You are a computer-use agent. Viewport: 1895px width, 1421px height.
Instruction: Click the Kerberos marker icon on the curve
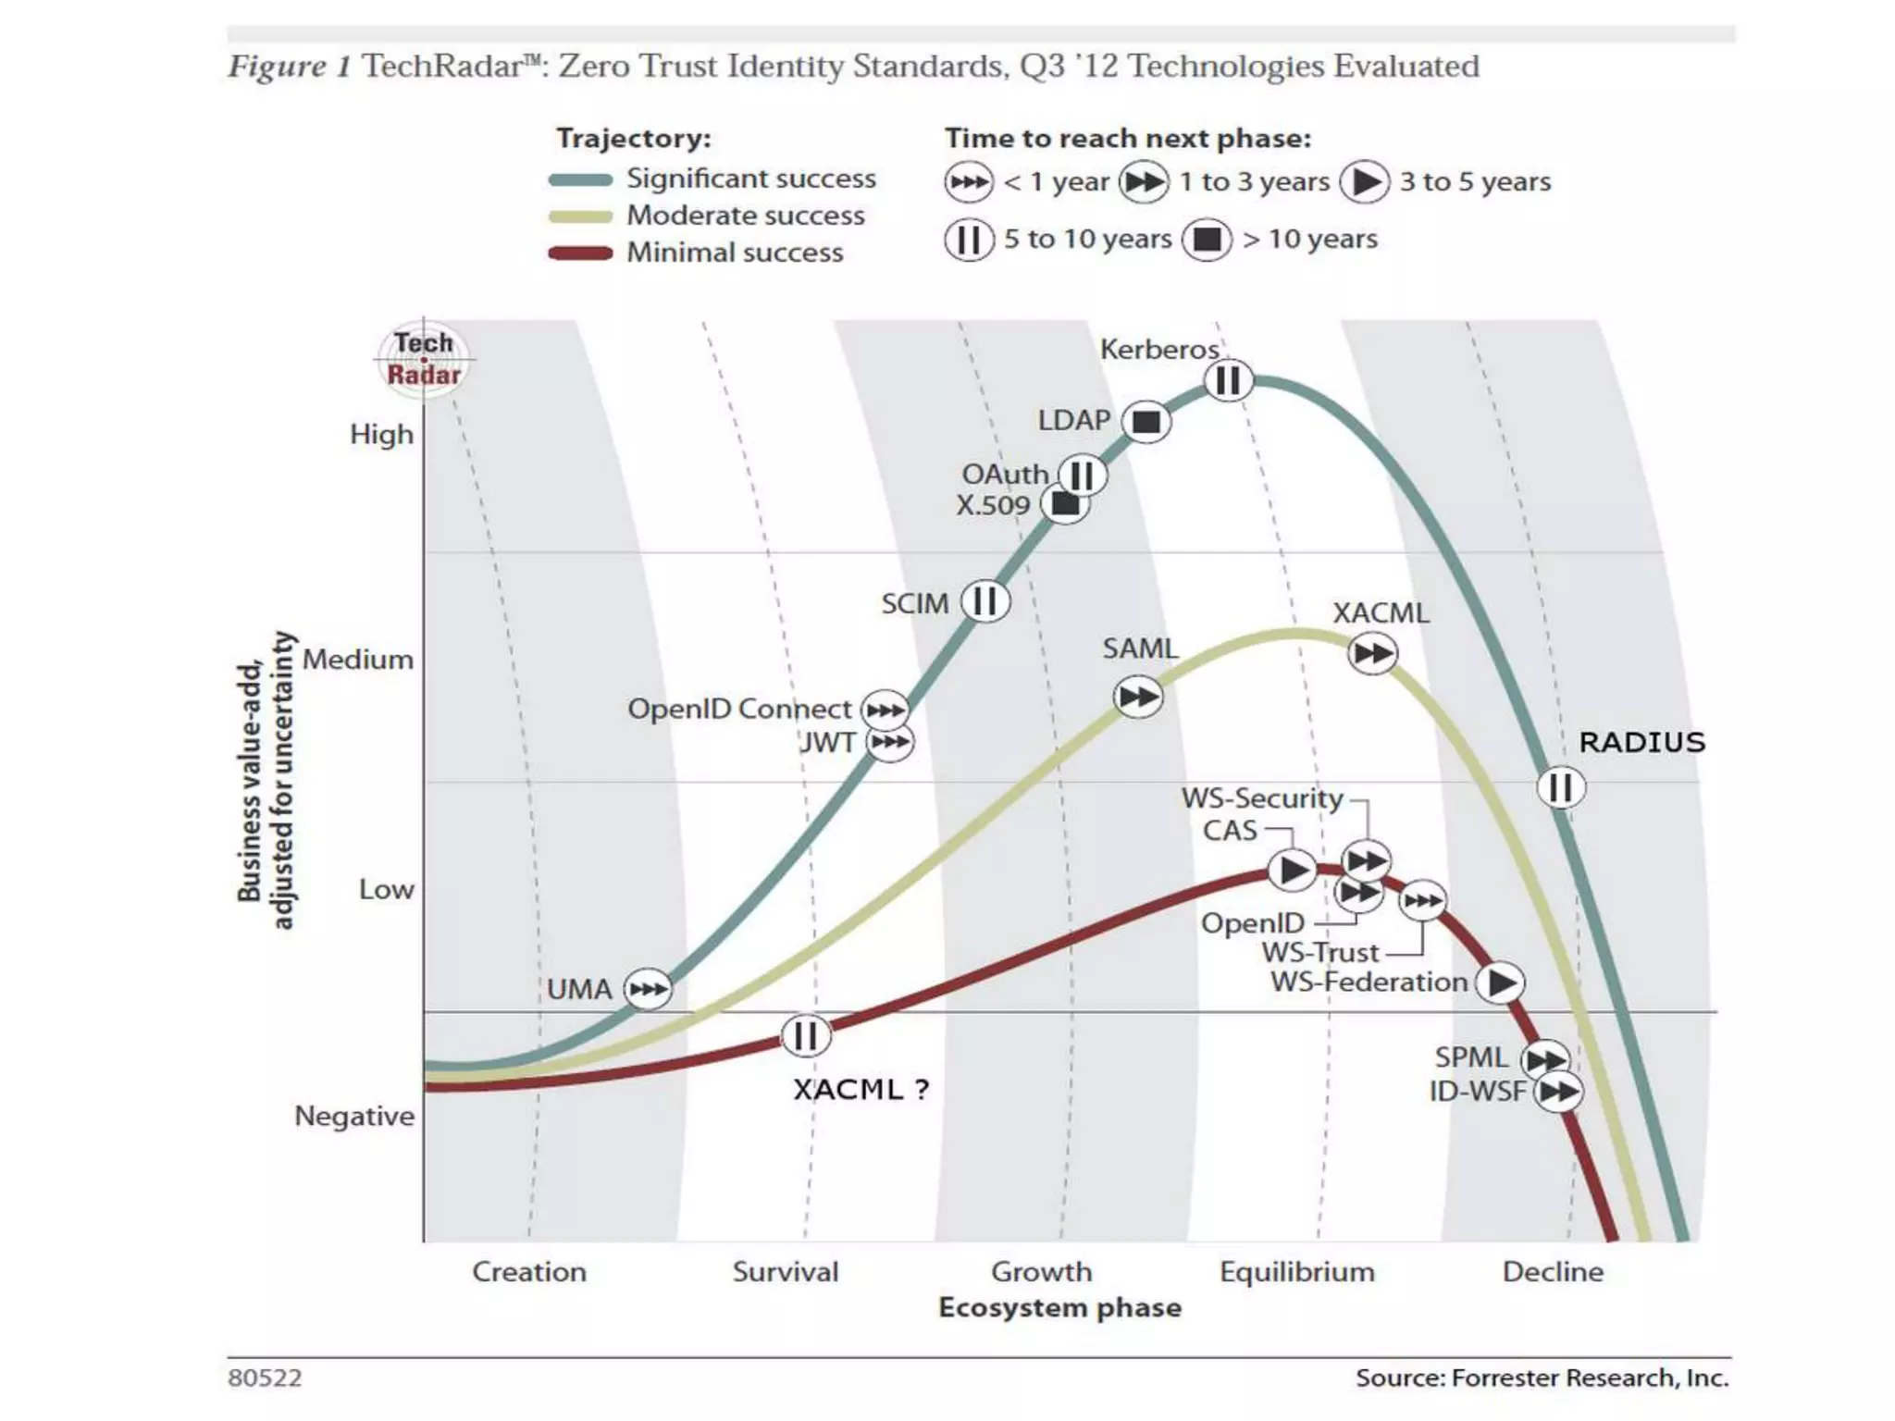[x=1228, y=380]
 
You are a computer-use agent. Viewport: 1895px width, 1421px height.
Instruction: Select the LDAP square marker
[x=1146, y=422]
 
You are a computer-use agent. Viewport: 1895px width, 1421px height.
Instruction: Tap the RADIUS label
[x=1641, y=742]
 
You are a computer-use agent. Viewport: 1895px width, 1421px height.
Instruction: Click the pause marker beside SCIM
[x=985, y=601]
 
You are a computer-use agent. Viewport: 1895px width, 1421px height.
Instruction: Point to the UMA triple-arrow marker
[x=648, y=989]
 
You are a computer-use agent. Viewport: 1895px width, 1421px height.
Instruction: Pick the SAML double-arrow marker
[x=1137, y=697]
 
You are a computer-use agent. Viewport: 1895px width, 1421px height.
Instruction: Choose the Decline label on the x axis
[x=1553, y=1272]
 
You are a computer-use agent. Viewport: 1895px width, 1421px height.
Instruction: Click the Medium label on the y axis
[x=358, y=660]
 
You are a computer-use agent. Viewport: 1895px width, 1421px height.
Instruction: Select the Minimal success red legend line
[x=580, y=253]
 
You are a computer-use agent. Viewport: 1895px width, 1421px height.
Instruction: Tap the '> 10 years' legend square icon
[x=1207, y=240]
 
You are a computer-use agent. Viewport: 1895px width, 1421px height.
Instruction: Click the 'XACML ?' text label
[x=861, y=1090]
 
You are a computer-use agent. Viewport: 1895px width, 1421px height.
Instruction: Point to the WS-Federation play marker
[x=1500, y=982]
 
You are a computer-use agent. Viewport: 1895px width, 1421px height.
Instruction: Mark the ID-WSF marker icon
[x=1558, y=1093]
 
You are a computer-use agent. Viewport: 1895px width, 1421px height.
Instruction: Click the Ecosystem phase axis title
[x=1059, y=1308]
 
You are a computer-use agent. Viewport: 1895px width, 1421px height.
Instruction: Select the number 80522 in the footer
[x=265, y=1378]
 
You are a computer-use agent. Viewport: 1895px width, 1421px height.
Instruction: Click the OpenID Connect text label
[x=739, y=710]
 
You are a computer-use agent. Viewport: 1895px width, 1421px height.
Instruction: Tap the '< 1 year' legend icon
[x=969, y=182]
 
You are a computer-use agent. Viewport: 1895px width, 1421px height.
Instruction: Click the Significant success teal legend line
[x=580, y=179]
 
